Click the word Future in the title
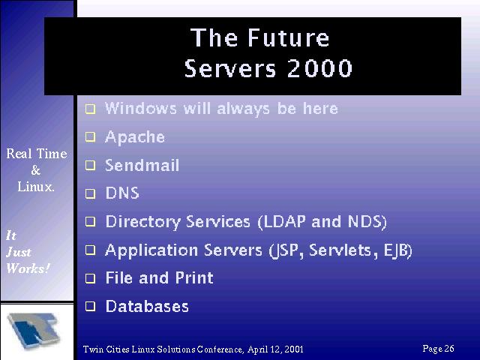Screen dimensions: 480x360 [x=288, y=37]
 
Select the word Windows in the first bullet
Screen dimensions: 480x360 [x=141, y=108]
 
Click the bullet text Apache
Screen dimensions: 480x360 [x=135, y=136]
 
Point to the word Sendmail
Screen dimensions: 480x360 [x=142, y=165]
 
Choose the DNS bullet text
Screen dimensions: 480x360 [x=122, y=193]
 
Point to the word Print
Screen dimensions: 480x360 [x=194, y=278]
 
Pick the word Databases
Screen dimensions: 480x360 [x=147, y=306]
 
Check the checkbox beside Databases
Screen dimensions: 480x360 [x=90, y=306]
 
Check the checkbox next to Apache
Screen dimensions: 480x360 [x=90, y=136]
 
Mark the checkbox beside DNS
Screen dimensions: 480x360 [x=90, y=193]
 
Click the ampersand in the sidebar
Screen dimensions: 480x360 [x=36, y=170]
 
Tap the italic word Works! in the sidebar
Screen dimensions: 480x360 [x=28, y=268]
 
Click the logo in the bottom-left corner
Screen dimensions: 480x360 [x=34, y=330]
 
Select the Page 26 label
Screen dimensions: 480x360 [x=438, y=349]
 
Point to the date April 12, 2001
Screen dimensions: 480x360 [x=275, y=349]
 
